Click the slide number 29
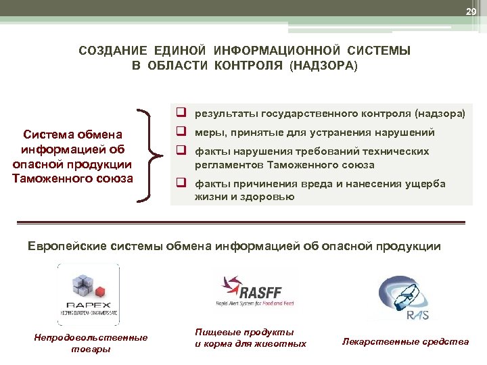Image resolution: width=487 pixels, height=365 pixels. [x=471, y=11]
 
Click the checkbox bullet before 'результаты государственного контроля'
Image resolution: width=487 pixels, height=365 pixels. [x=183, y=114]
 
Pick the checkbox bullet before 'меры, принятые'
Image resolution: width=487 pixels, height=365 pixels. [x=183, y=132]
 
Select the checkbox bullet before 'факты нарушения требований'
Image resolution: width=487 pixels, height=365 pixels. [x=183, y=151]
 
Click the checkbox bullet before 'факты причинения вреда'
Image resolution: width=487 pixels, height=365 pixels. [x=183, y=183]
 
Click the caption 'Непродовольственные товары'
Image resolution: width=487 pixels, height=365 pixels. [x=90, y=343]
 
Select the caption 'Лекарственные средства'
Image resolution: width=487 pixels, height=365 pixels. [x=405, y=341]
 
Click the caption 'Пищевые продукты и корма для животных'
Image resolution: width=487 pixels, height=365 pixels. [x=250, y=338]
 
